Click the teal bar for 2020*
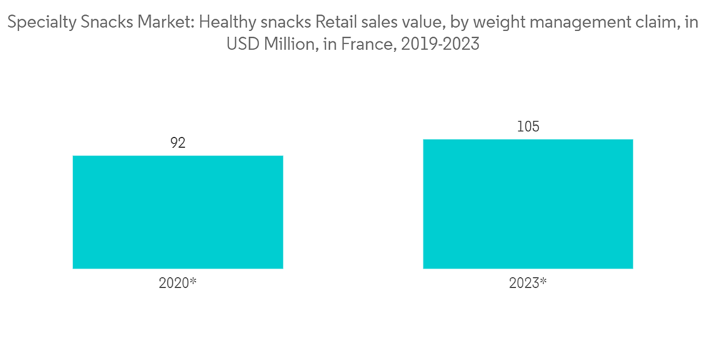click(x=178, y=211)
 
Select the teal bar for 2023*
click(x=528, y=204)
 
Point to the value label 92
click(x=178, y=143)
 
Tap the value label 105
click(x=528, y=127)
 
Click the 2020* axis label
click(x=178, y=283)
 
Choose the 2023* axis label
click(x=528, y=283)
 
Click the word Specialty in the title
click(x=35, y=23)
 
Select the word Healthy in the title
click(x=224, y=23)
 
